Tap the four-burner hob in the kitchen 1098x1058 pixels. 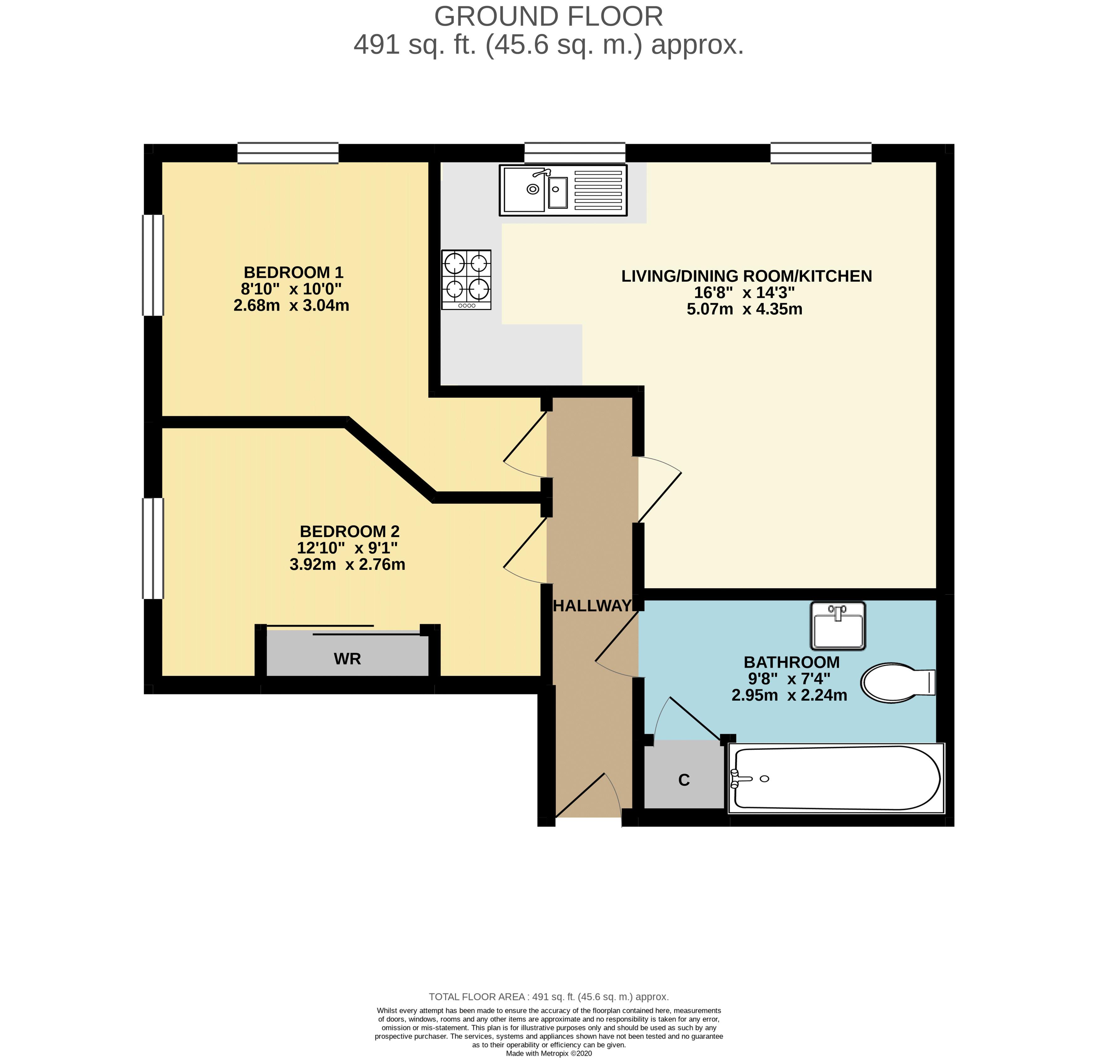(x=466, y=279)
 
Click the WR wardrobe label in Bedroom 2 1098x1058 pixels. (x=347, y=659)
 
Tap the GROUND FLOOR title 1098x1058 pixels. (x=549, y=17)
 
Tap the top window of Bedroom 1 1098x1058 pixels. (x=288, y=153)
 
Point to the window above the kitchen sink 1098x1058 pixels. (x=575, y=153)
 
